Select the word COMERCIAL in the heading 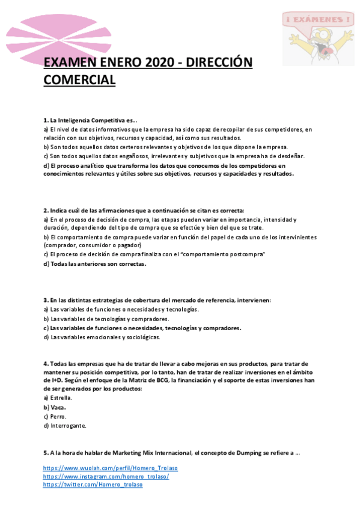pyautogui.click(x=79, y=79)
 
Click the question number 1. pyautogui.click(x=46, y=120)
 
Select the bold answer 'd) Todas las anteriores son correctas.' pyautogui.click(x=95, y=263)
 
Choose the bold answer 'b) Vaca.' pyautogui.click(x=55, y=407)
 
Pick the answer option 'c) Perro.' pyautogui.click(x=55, y=416)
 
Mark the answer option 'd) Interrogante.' pyautogui.click(x=65, y=426)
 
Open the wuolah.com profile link pyautogui.click(x=111, y=467)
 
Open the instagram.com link pyautogui.click(x=106, y=476)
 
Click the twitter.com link pyautogui.click(x=93, y=484)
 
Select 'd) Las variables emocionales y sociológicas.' pyautogui.click(x=102, y=337)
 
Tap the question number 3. pyautogui.click(x=46, y=300)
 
